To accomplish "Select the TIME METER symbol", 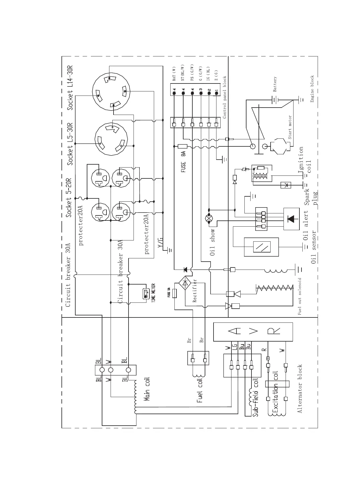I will click(146, 294).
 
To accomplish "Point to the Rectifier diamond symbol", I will click(185, 283).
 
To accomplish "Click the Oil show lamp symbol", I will click(209, 218).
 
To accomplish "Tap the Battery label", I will click(275, 84).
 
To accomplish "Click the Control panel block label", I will click(224, 97).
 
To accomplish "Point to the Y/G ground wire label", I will click(161, 243).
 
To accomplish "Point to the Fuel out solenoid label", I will click(300, 296).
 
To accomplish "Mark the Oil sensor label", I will click(314, 247).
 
